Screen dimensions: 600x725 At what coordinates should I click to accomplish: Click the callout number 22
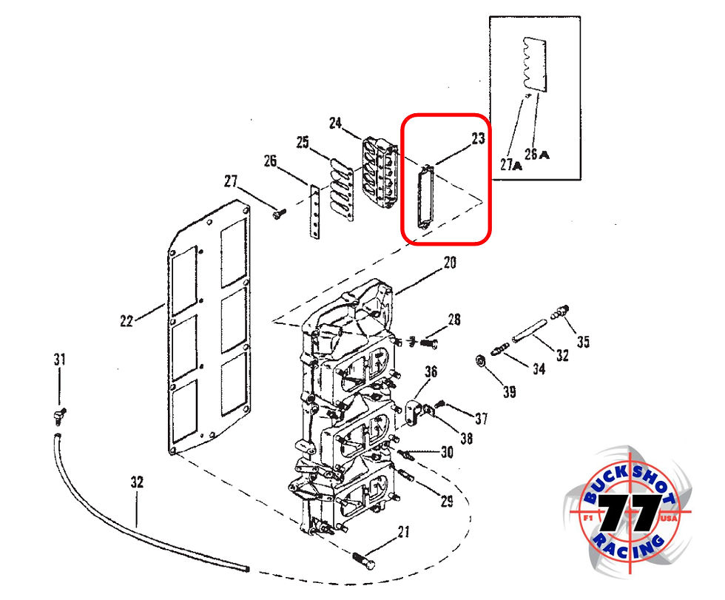pos(126,320)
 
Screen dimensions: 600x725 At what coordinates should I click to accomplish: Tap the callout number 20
pos(450,263)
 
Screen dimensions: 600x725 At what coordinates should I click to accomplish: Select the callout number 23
pos(477,138)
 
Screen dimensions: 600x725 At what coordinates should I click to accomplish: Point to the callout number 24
pos(337,123)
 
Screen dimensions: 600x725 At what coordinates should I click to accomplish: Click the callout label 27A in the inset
pos(510,166)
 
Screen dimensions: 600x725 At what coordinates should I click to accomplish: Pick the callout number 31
pos(59,360)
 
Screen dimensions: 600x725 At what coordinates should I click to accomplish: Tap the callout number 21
pos(403,531)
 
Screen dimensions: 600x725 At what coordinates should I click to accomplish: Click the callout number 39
pos(509,392)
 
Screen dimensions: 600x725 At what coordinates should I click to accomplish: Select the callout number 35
pos(584,342)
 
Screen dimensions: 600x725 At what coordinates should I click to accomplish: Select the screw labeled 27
pos(279,214)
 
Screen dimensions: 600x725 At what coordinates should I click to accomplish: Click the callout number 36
pos(431,370)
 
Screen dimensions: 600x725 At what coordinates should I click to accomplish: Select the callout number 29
pos(446,502)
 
